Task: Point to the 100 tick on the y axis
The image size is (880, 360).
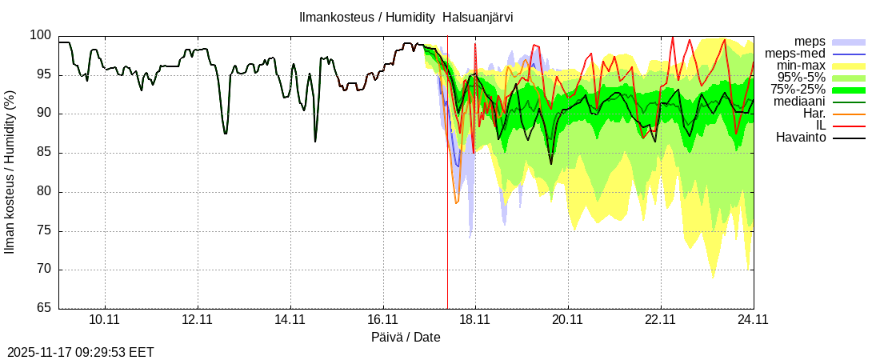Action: [x=42, y=36]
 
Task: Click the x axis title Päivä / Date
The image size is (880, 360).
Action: [x=406, y=338]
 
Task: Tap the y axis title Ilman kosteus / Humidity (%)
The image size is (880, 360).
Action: [x=10, y=172]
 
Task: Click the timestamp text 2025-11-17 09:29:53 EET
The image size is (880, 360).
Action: [x=81, y=352]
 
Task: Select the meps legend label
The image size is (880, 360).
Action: [x=810, y=42]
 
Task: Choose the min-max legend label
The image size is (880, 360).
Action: [x=802, y=66]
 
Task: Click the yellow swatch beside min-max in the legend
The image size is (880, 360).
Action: [x=849, y=66]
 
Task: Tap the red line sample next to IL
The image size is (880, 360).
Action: [x=849, y=126]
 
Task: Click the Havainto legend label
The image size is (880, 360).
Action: [x=801, y=138]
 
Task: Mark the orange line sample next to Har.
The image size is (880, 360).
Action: [x=849, y=114]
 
